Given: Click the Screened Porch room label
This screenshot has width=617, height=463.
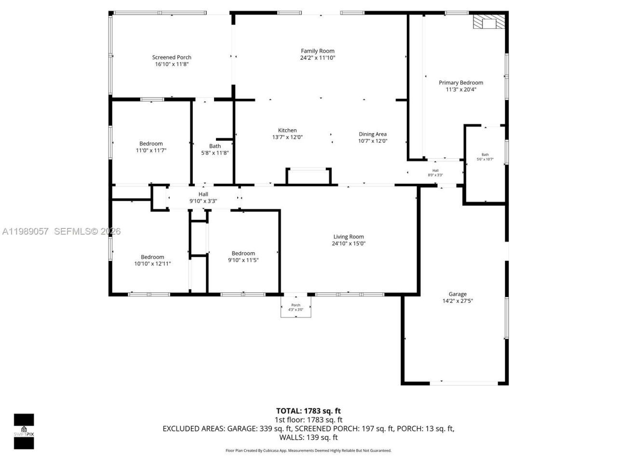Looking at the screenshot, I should pos(172,57).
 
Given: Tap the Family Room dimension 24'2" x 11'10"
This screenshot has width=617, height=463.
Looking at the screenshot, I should pos(317,58).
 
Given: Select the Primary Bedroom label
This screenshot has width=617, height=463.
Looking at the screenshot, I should pos(461,82).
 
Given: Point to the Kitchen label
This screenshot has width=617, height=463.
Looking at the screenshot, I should pos(287,130).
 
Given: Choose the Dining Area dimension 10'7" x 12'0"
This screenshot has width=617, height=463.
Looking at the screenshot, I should pos(373,141).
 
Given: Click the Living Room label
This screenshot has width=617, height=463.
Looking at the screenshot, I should pos(349,236).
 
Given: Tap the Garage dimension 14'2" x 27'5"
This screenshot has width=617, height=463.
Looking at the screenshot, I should pos(457,301).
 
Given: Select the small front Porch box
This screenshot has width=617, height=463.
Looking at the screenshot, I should pos(296,307).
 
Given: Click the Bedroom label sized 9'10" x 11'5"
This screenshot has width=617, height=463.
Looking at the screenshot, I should pos(243,253).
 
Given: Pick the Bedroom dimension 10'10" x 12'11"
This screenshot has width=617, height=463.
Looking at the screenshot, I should pos(152,264).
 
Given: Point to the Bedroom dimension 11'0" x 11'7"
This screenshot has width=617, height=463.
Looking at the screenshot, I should pos(151,150).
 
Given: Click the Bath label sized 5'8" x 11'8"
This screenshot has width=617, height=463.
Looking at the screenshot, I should pos(215,146).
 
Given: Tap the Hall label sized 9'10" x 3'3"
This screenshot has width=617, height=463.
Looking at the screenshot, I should pos(203,194).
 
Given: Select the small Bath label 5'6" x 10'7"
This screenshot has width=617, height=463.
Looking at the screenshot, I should pos(485,155).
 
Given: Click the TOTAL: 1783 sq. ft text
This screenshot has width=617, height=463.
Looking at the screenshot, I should pos(308,411).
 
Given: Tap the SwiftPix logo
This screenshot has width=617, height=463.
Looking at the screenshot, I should pos(24,431).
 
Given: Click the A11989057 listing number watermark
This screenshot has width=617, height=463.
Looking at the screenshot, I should pos(25,231).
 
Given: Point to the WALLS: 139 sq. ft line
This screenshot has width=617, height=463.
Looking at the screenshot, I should pos(308,437).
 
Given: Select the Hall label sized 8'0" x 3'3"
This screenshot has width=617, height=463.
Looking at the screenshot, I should pos(435,170).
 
